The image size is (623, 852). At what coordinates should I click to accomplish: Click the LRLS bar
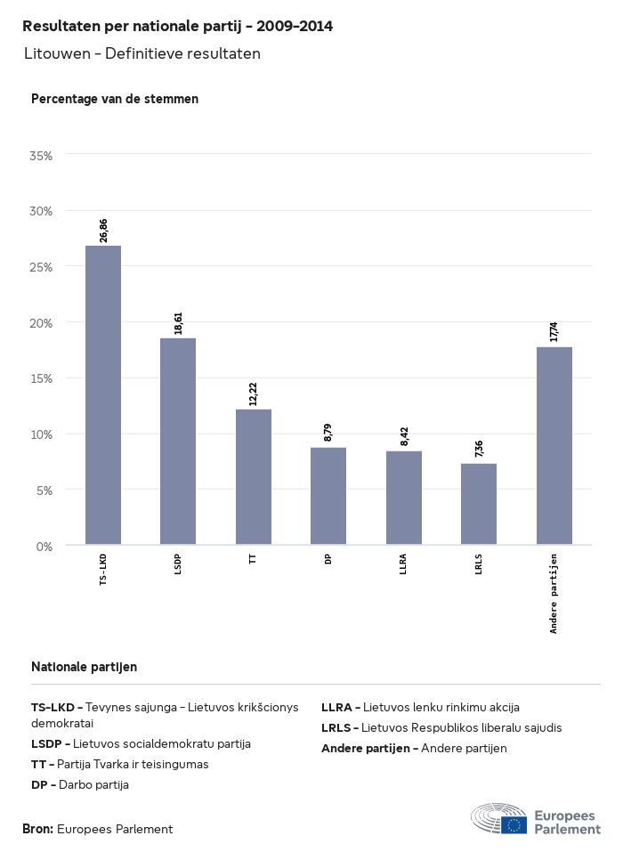tap(479, 504)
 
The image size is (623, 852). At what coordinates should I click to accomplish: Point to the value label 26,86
tap(103, 230)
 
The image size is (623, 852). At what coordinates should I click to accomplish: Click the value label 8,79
tap(328, 433)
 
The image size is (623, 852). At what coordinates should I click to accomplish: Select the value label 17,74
tap(554, 332)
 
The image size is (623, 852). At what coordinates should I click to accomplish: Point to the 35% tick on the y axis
tap(42, 155)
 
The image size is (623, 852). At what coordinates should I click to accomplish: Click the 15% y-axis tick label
tap(42, 377)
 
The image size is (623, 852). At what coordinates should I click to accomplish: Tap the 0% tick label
tap(44, 546)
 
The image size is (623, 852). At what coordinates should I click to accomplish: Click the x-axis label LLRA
tap(404, 564)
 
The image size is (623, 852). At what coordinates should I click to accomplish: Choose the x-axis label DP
tap(328, 559)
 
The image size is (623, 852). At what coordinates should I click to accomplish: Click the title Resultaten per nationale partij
tap(178, 27)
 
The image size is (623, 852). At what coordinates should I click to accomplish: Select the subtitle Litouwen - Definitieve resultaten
tap(142, 54)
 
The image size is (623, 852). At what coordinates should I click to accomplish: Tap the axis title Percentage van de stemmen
tap(115, 99)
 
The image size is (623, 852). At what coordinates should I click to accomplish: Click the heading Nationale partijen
tap(84, 666)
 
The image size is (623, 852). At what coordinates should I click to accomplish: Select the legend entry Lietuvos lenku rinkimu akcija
tap(420, 707)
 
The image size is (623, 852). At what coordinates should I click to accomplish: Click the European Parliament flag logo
tap(514, 824)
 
